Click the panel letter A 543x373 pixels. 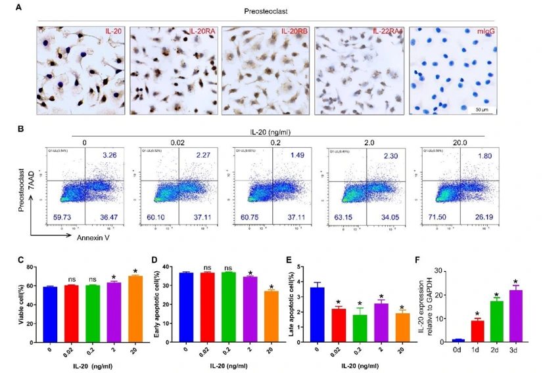pyautogui.click(x=20, y=8)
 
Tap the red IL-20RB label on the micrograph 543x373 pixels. pyautogui.click(x=294, y=32)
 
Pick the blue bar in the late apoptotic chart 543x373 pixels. pyautogui.click(x=318, y=314)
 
